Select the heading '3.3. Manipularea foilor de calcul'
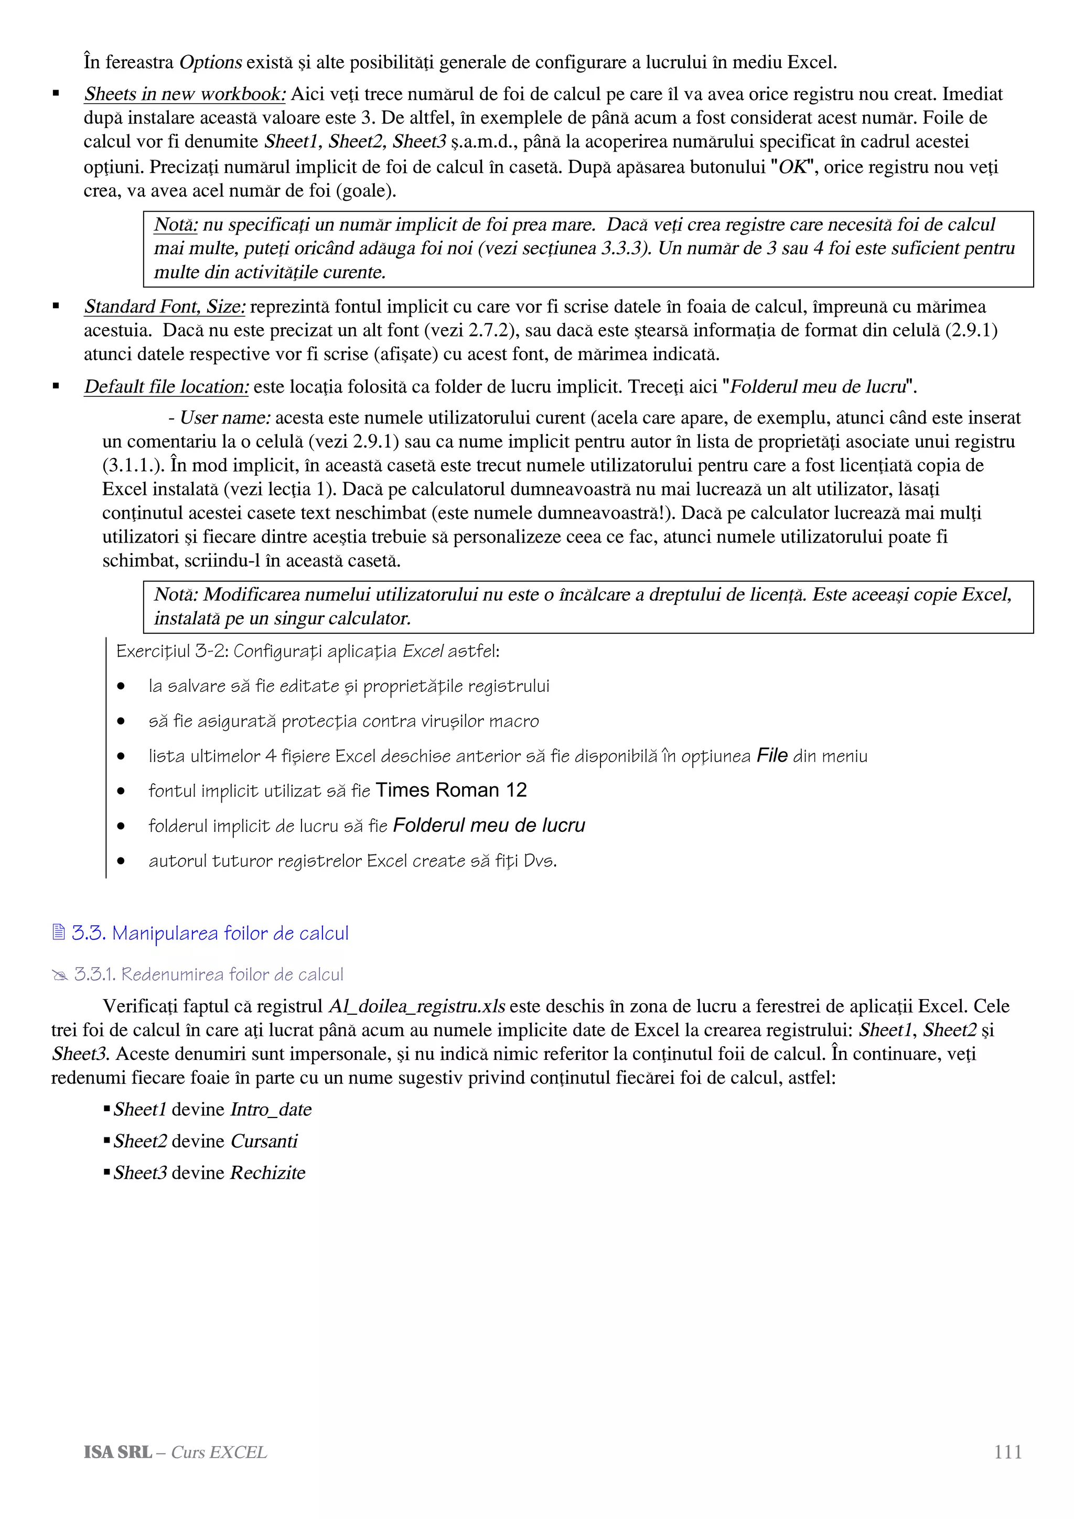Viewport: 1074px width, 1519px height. pyautogui.click(x=210, y=933)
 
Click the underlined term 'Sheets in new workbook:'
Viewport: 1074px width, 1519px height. pyautogui.click(x=185, y=94)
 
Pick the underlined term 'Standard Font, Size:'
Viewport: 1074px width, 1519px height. pyautogui.click(x=165, y=307)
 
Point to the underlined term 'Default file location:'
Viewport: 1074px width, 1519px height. pyautogui.click(x=166, y=386)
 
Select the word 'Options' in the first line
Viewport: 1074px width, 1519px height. pyautogui.click(x=210, y=63)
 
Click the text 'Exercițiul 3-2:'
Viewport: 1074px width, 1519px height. pyautogui.click(x=171, y=652)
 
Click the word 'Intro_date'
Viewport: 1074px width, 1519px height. pyautogui.click(x=271, y=1110)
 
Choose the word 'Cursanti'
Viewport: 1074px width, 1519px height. pyautogui.click(x=264, y=1141)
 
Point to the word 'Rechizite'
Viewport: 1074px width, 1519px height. pyautogui.click(x=267, y=1173)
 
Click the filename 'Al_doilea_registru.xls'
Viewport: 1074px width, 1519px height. pyautogui.click(x=417, y=1006)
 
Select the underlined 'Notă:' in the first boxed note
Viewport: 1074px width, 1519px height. pyautogui.click(x=175, y=225)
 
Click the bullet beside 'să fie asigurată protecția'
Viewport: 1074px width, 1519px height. pyautogui.click(x=121, y=721)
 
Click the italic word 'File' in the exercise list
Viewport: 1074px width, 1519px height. pyautogui.click(x=771, y=755)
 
